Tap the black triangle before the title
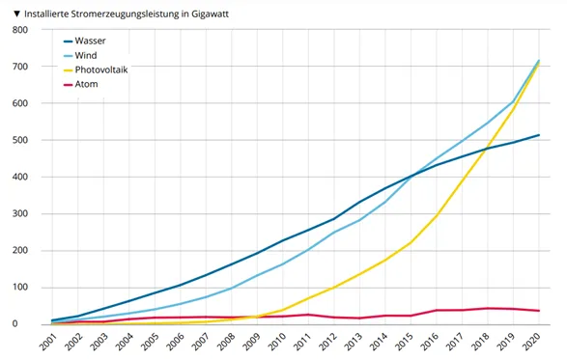click(x=8, y=11)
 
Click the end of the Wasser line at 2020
click(x=538, y=135)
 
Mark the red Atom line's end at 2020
click(x=538, y=311)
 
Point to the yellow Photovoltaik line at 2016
click(x=437, y=215)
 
